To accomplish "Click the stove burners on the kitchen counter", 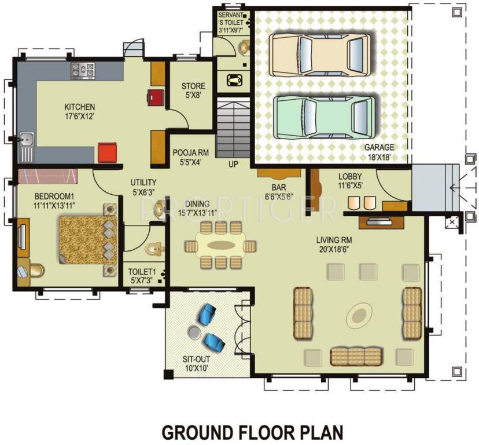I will (x=83, y=71).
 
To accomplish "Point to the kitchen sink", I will (x=25, y=140).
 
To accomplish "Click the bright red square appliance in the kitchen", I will (x=107, y=154).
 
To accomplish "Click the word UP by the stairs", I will (x=233, y=164).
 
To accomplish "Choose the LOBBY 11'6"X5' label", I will (x=349, y=181).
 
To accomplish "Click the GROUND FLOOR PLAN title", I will (x=252, y=432).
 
